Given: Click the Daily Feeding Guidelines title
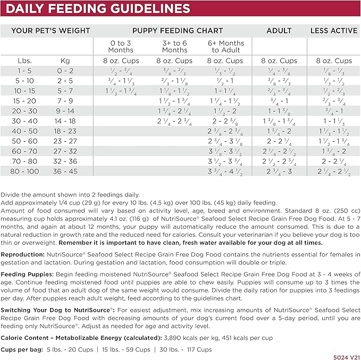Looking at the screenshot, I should tap(99, 9).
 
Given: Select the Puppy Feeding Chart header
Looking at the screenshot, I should tap(178, 30).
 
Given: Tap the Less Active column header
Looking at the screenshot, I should tap(333, 30).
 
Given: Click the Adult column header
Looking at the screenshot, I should tap(279, 30).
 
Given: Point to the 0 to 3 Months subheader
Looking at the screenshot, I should tap(121, 46).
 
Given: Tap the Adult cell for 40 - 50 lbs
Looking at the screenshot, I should tap(279, 131).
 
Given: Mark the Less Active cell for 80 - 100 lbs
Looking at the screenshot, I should tap(333, 171).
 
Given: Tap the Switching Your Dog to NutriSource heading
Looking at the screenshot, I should tap(57, 309).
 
